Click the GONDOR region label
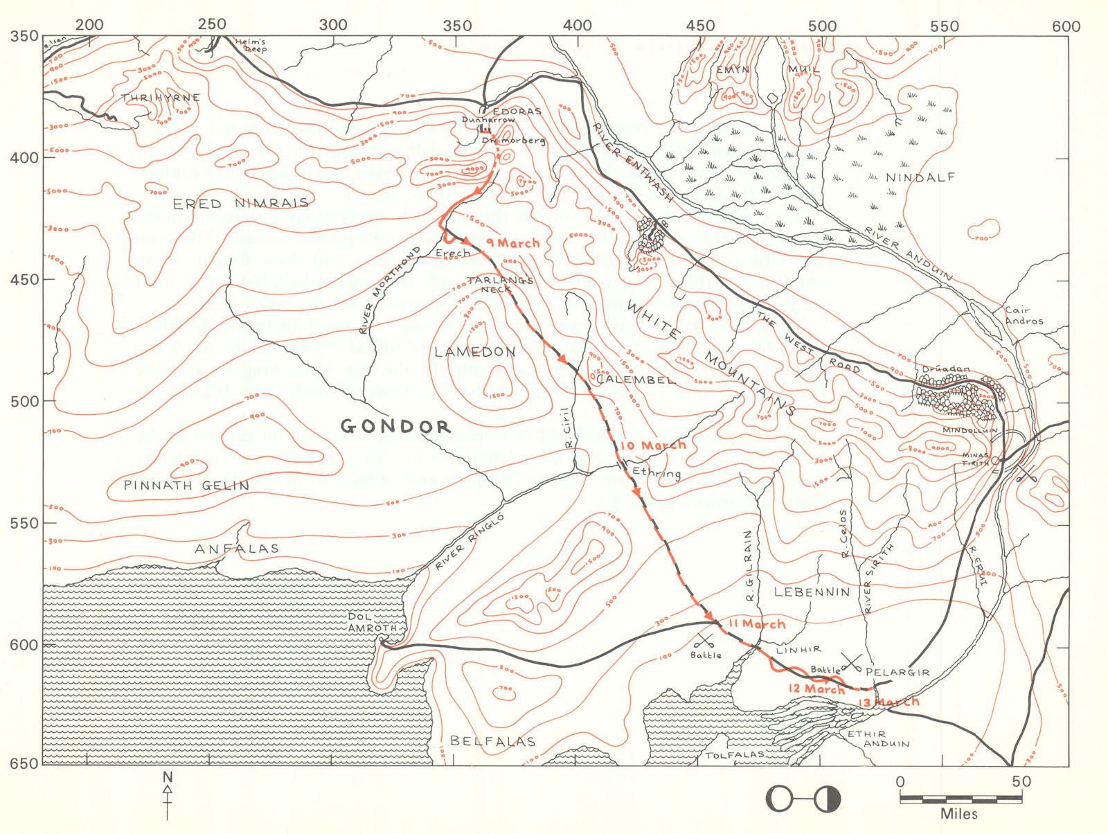pyautogui.click(x=395, y=426)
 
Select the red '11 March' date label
pyautogui.click(x=757, y=624)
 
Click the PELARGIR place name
pyautogui.click(x=897, y=673)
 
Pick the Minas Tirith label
pyautogui.click(x=976, y=459)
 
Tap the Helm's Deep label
pyautogui.click(x=250, y=45)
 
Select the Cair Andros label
pyautogui.click(x=1024, y=316)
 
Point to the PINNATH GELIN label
pyautogui.click(x=186, y=486)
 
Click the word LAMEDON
pyautogui.click(x=475, y=352)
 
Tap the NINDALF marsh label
pyautogui.click(x=920, y=178)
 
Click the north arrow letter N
pyautogui.click(x=167, y=777)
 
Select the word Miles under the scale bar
pyautogui.click(x=959, y=814)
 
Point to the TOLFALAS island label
pyautogui.click(x=735, y=754)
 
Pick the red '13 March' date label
pyautogui.click(x=889, y=702)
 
